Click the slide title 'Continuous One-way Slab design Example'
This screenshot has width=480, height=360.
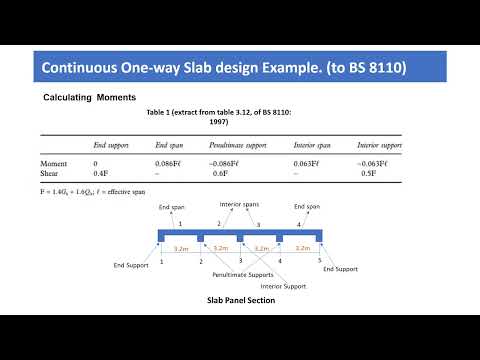pyautogui.click(x=223, y=69)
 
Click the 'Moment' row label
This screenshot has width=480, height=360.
pyautogui.click(x=54, y=162)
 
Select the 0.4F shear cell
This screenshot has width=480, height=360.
pyautogui.click(x=101, y=172)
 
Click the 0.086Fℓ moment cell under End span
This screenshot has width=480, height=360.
pyautogui.click(x=172, y=162)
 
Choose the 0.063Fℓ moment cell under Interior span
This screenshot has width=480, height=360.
pyautogui.click(x=306, y=162)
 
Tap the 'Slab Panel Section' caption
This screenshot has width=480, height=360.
pyautogui.click(x=240, y=300)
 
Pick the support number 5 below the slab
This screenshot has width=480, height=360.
pyautogui.click(x=319, y=260)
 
